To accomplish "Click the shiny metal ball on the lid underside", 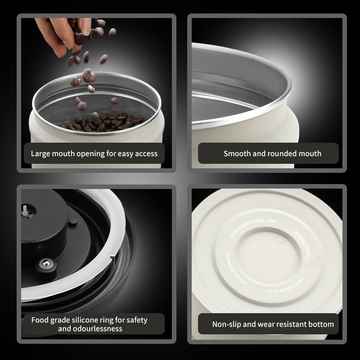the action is click(x=47, y=263).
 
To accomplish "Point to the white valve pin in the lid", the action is click(x=25, y=211).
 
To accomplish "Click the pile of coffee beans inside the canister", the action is click(x=103, y=122).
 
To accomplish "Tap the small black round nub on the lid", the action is click(x=73, y=221).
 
